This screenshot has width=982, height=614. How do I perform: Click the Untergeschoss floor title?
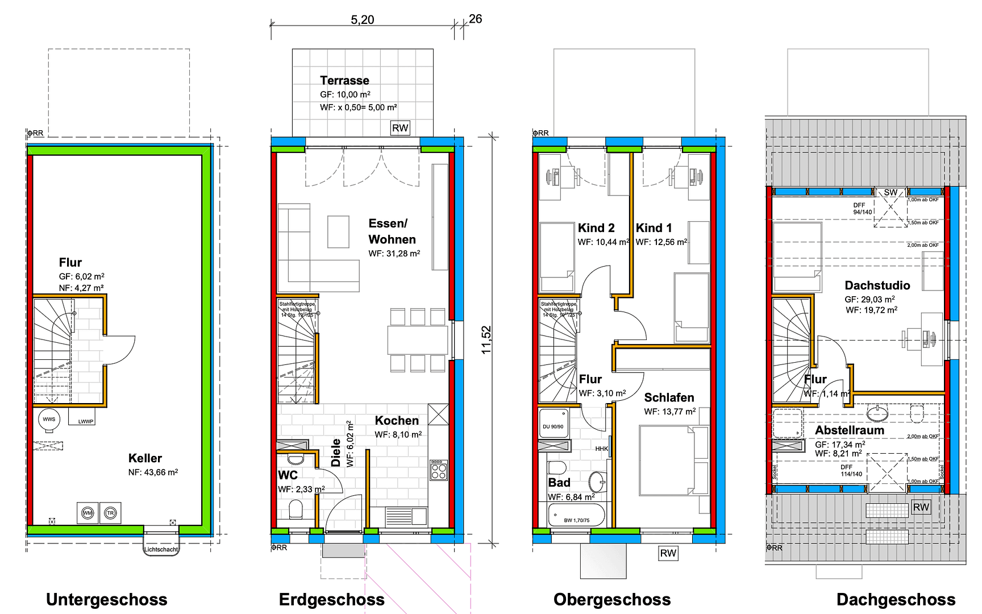[x=106, y=599]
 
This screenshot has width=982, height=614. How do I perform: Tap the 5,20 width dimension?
[x=362, y=20]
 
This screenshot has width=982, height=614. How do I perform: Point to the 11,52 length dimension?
[x=486, y=339]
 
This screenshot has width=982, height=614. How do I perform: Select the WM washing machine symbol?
[x=88, y=513]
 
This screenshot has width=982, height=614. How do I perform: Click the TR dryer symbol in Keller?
[x=110, y=513]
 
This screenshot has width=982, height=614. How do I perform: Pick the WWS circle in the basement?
[x=49, y=420]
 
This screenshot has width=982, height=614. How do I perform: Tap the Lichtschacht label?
[x=161, y=549]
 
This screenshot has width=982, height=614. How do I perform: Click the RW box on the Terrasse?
[x=400, y=128]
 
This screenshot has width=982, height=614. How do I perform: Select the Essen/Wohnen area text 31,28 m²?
[x=394, y=254]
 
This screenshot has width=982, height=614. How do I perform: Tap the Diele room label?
[x=336, y=453]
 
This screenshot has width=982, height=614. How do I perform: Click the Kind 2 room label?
[x=596, y=228]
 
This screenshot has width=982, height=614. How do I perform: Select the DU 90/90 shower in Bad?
[x=554, y=424]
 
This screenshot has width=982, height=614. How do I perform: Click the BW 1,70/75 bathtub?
[x=576, y=516]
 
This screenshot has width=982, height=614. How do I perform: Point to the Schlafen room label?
[x=669, y=397]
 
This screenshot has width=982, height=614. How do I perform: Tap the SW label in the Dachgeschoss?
[x=891, y=193]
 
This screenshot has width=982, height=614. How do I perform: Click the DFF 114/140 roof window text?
[x=851, y=471]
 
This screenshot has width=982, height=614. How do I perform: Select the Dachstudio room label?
[x=877, y=285]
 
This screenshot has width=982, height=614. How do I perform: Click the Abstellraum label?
[x=850, y=430]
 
